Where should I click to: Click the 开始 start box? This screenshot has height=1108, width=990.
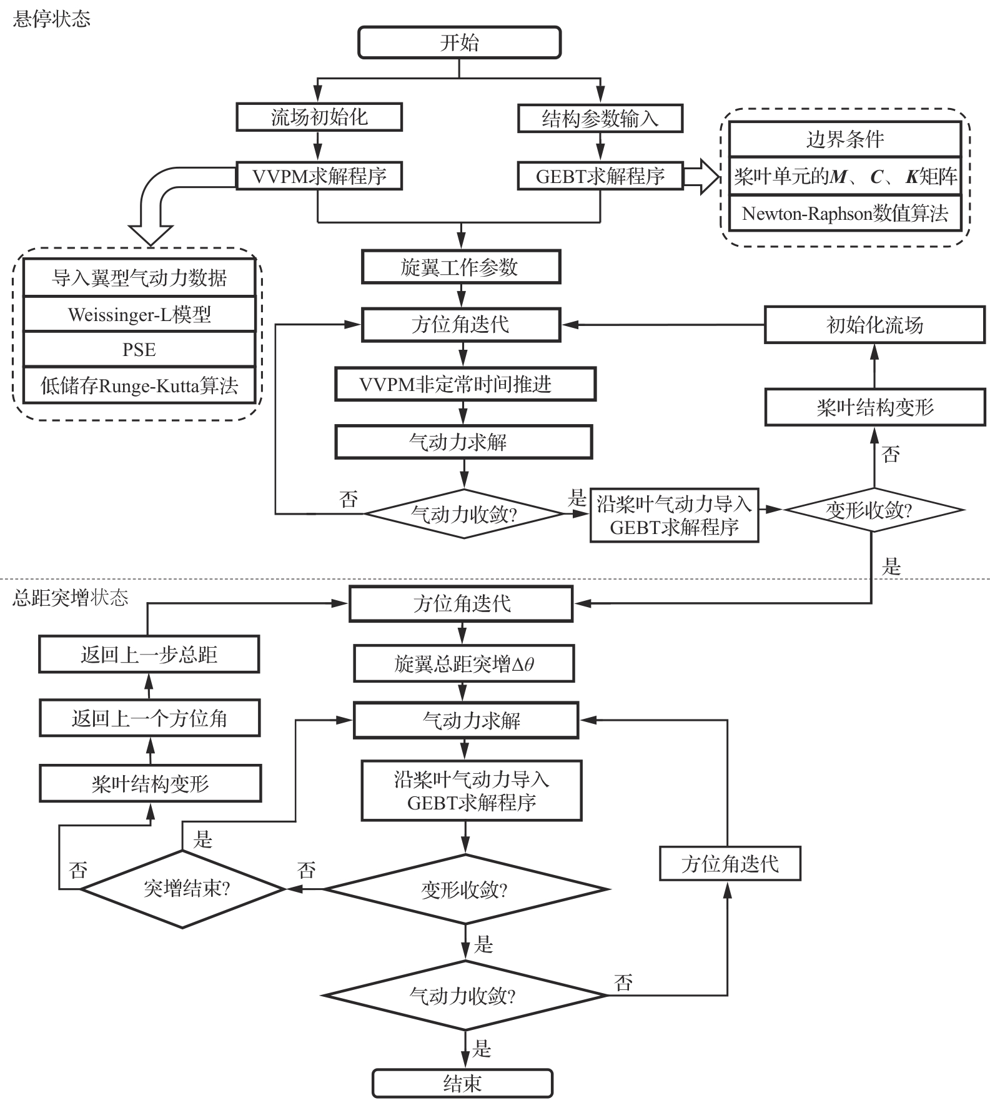tap(459, 42)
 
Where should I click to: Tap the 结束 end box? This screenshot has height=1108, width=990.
tap(462, 1083)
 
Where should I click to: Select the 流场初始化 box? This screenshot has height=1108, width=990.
tap(319, 117)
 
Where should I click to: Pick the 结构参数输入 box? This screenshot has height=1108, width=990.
tap(600, 118)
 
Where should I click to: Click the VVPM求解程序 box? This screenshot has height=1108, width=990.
tap(319, 176)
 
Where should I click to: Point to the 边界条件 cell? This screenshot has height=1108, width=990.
tap(844, 139)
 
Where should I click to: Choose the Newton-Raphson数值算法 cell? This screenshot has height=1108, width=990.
tap(844, 214)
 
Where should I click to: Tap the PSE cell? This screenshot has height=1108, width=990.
tap(139, 349)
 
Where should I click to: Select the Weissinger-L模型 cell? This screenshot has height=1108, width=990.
tap(139, 314)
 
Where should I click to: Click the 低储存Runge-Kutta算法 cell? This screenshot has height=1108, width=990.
tap(139, 385)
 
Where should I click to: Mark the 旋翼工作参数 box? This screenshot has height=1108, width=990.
tap(460, 267)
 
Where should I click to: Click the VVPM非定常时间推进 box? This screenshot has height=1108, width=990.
tap(465, 384)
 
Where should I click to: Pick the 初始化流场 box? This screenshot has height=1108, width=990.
tap(874, 324)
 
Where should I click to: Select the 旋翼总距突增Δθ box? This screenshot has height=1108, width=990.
tap(463, 663)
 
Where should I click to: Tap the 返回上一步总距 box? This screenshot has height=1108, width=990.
tap(149, 654)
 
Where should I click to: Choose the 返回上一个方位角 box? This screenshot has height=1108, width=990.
tap(149, 718)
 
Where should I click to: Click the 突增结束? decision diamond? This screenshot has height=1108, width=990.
tap(182, 888)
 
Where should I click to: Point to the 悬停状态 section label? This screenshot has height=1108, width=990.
tap(51, 19)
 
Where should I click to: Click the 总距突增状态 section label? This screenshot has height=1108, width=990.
tap(70, 598)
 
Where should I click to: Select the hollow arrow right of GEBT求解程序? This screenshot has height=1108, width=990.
tap(701, 177)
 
